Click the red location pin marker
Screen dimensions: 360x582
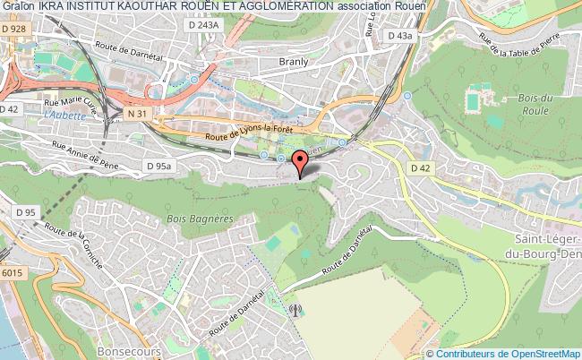pos(299,162)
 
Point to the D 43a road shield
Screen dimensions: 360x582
pos(399,35)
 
